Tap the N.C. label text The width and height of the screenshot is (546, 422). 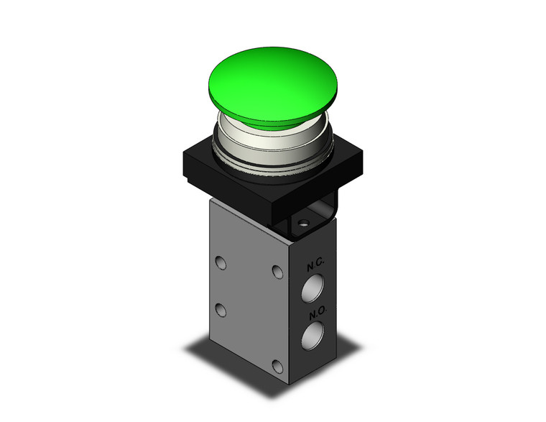click(x=315, y=265)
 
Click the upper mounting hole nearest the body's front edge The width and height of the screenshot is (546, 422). click(x=276, y=271)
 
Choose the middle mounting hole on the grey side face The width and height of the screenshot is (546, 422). click(x=221, y=310)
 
